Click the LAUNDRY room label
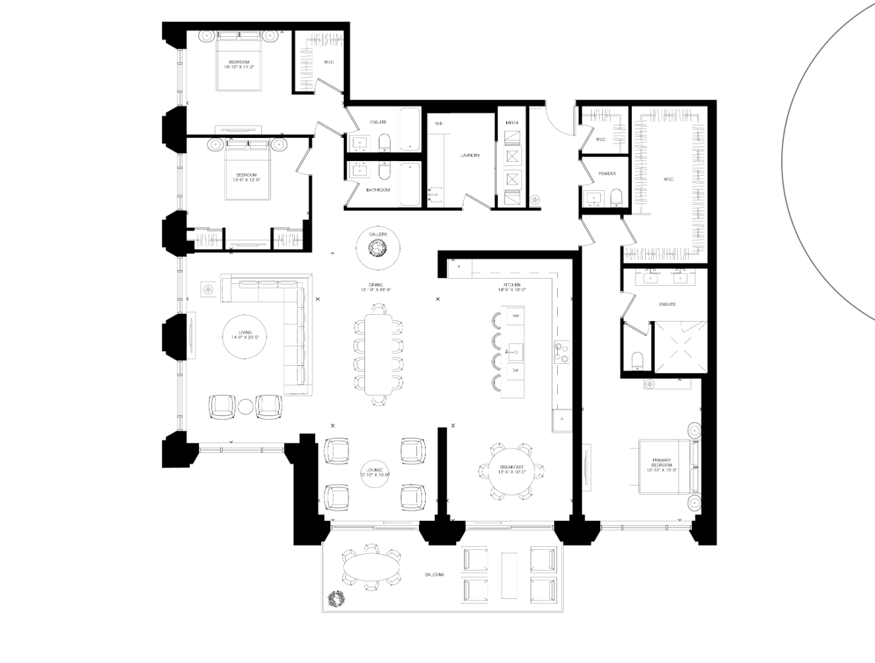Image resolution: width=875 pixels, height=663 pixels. point(470,155)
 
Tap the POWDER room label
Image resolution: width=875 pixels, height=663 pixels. point(607,174)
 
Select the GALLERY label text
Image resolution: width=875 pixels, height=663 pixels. point(378,234)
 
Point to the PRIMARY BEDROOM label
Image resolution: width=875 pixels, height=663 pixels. point(661,463)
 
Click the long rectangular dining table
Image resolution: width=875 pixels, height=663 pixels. point(378,353)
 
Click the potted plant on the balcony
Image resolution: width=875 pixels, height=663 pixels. point(337,598)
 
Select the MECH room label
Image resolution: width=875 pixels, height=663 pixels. point(512,123)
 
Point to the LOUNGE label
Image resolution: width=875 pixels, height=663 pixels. point(375,471)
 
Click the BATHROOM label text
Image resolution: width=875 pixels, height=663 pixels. point(378,190)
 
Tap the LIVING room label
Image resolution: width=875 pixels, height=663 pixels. point(245,334)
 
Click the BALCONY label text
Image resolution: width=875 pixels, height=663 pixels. point(434,575)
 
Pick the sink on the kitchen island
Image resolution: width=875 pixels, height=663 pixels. point(515,349)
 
